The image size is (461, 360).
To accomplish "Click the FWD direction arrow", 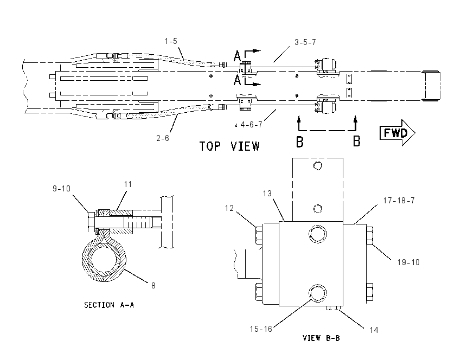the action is pos(397,133).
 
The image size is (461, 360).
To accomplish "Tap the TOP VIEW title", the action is pos(229,146).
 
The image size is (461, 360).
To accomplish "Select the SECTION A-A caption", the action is pos(109,305).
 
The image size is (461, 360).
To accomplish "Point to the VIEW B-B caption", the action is pos(321,338).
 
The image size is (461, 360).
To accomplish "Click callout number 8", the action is pos(153,285).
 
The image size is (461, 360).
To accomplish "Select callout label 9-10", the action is pos(61,188).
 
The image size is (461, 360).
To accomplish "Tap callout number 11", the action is pos(128,184).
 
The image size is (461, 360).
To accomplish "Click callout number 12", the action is pos(229,208).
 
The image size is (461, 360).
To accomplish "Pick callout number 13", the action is pos(267,194).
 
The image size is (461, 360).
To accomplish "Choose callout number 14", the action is pos(374,330).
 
